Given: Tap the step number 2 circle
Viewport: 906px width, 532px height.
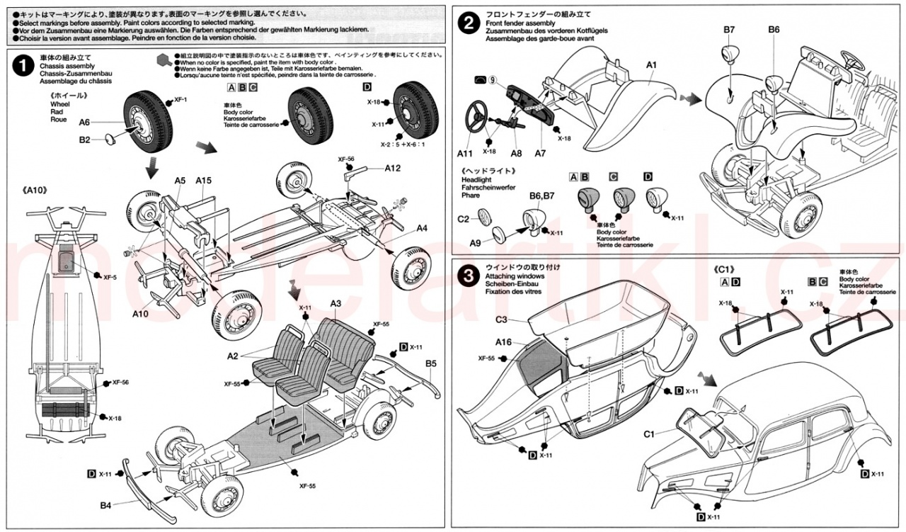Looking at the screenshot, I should pos(467,23).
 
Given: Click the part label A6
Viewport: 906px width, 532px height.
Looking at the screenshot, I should pos(84,122).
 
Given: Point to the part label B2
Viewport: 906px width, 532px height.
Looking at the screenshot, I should pos(84,140).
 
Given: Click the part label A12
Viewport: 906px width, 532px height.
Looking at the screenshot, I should pos(394,168).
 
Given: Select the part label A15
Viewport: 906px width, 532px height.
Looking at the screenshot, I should pos(204,181).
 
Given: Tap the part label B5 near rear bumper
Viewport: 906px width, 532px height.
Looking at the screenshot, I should pos(431,364).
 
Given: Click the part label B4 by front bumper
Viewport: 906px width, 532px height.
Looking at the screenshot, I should pos(105,505).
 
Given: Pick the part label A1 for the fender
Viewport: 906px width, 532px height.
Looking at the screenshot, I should pos(652,65).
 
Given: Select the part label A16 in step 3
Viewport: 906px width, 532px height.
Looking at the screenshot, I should pos(503,341).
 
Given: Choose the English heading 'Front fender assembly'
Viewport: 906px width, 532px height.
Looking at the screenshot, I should pos(520,23).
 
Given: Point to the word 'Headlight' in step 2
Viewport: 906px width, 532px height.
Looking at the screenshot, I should pos(476,181).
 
